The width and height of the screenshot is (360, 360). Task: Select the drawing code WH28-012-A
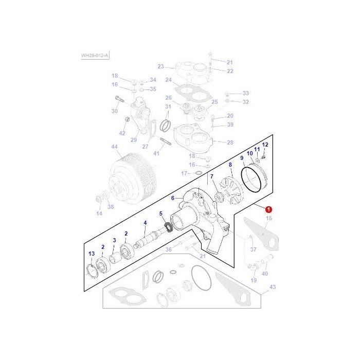click(95, 56)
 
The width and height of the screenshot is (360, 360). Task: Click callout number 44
click(115, 147)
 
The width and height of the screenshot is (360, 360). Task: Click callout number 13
click(92, 254)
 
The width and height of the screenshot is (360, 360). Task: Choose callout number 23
click(161, 66)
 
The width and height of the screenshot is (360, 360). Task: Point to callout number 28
click(230, 142)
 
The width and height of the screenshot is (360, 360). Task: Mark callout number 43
click(273, 286)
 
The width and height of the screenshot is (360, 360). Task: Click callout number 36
click(168, 250)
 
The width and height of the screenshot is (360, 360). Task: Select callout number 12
click(265, 145)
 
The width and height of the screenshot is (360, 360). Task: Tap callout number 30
click(115, 111)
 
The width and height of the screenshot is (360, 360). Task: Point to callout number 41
click(156, 153)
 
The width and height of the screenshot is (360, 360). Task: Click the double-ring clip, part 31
click(166, 124)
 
